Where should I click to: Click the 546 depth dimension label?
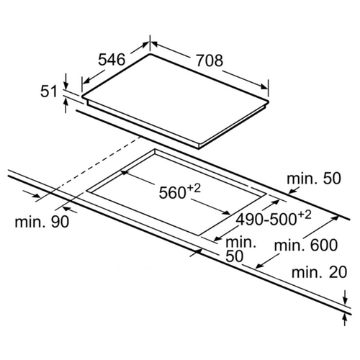[112, 60]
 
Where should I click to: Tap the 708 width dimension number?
[210, 60]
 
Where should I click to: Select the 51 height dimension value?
[49, 91]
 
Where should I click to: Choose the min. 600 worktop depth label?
[306, 245]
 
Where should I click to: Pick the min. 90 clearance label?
[42, 222]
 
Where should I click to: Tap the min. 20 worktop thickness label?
[319, 272]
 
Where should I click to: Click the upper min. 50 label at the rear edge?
[314, 179]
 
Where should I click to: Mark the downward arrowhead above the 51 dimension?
[66, 85]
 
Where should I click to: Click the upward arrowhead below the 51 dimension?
[66, 104]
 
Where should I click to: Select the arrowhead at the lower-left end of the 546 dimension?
[86, 81]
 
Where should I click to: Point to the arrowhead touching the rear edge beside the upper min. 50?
[292, 191]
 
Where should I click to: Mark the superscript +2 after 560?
[194, 188]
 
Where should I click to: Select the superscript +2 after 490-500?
[305, 215]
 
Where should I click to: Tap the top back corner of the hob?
[150, 54]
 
